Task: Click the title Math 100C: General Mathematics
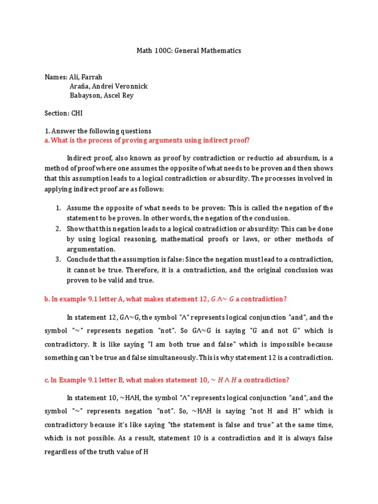click(189, 51)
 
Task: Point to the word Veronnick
click(131, 86)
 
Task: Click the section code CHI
click(77, 113)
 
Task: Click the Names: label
click(55, 77)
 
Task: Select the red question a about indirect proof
click(147, 140)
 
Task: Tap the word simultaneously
click(185, 358)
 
